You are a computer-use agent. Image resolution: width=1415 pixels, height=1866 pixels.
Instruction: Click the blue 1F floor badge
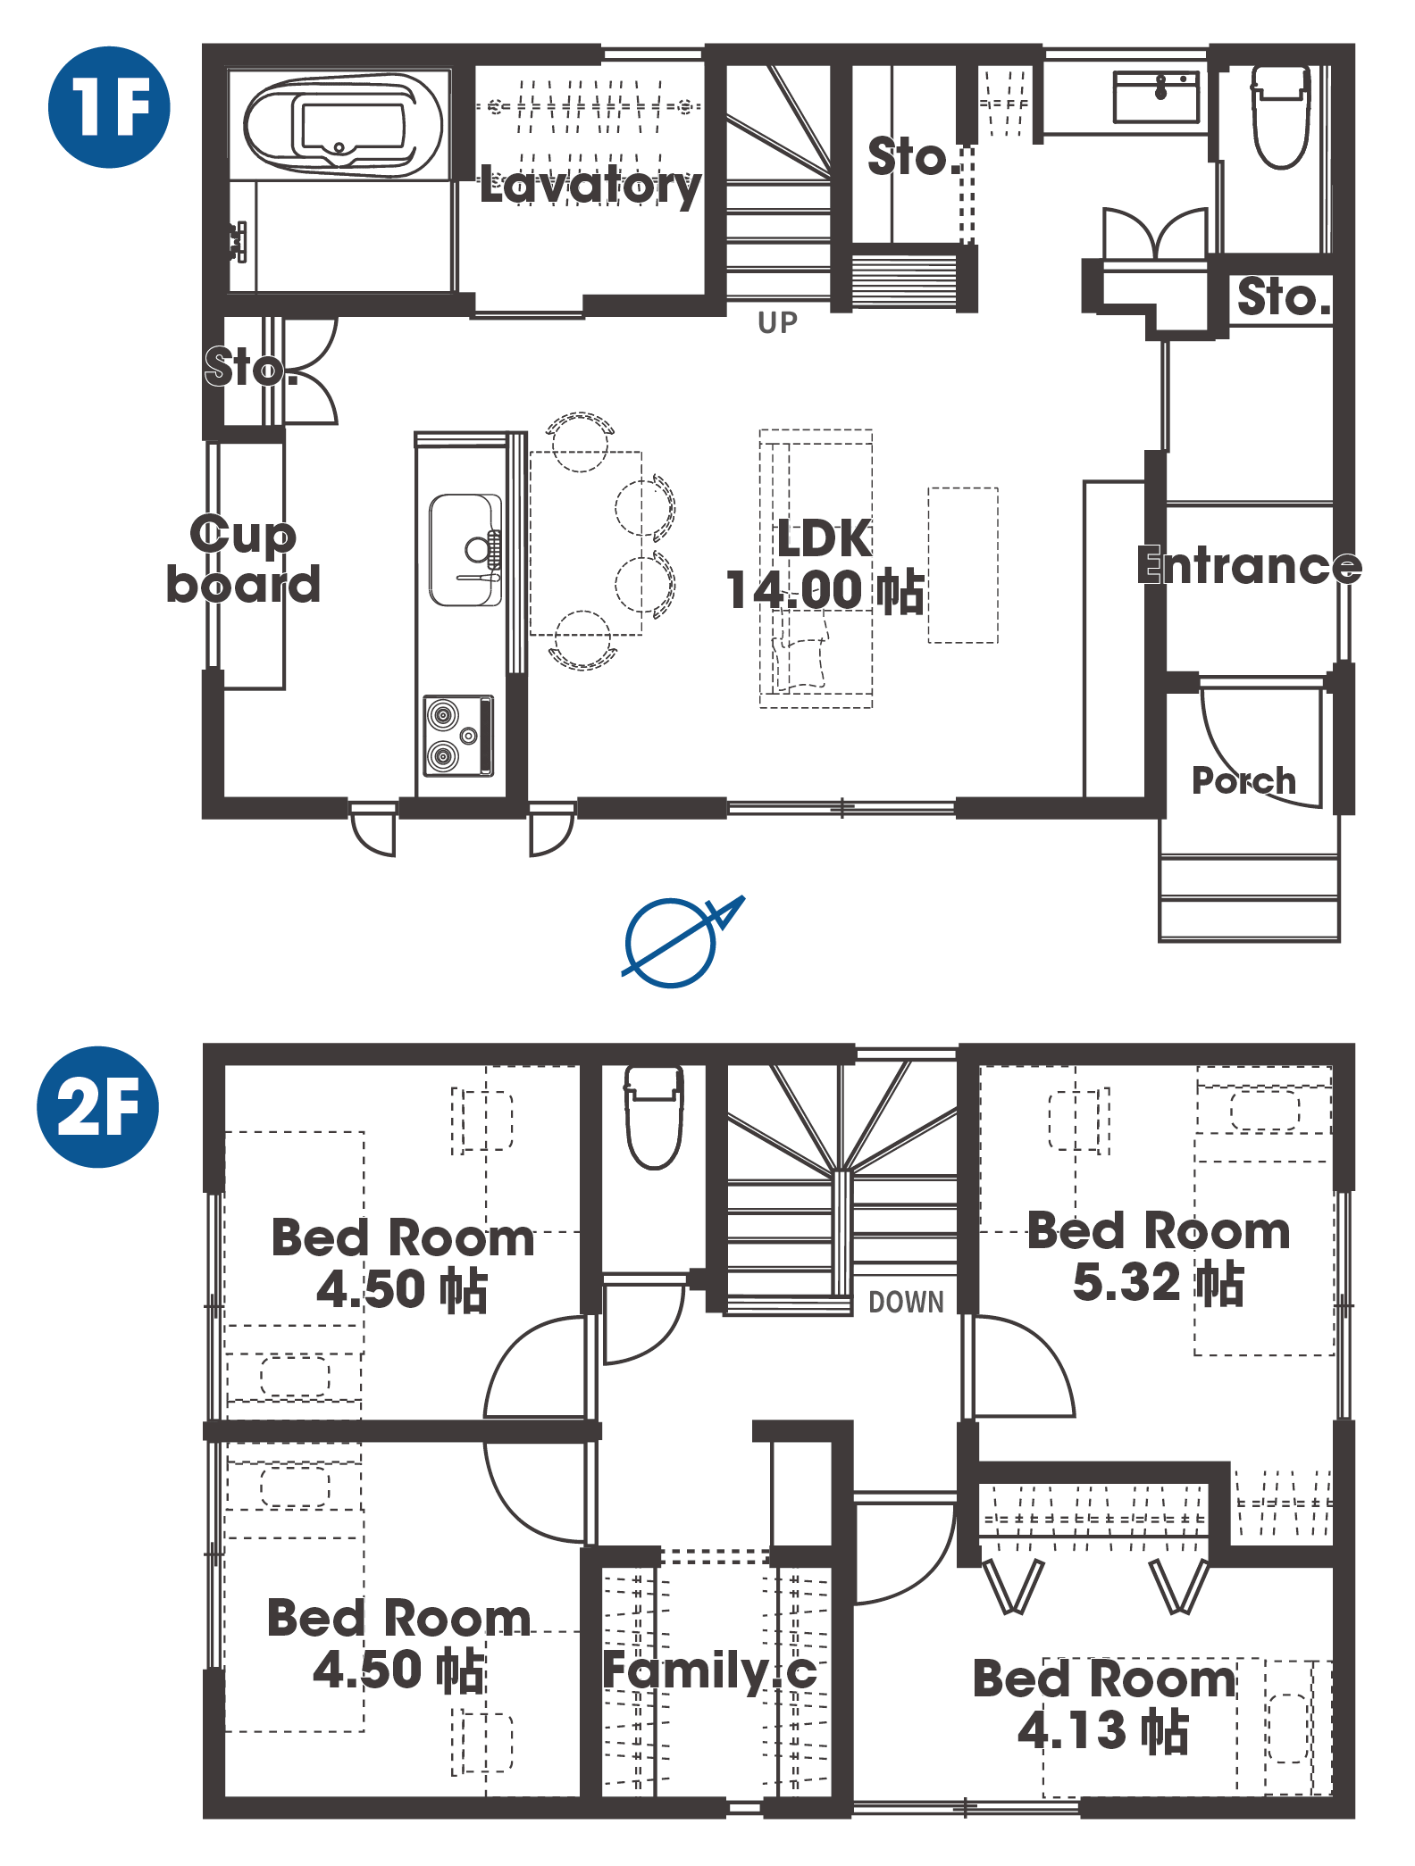pyautogui.click(x=109, y=107)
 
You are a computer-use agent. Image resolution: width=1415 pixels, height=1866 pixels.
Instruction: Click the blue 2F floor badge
pyautogui.click(x=98, y=1106)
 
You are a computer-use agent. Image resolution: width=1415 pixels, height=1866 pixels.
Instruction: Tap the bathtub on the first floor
pyautogui.click(x=344, y=126)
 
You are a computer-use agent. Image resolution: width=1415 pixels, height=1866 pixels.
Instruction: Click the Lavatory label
pyautogui.click(x=590, y=186)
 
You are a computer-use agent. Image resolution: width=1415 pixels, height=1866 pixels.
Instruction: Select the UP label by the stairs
pyautogui.click(x=777, y=322)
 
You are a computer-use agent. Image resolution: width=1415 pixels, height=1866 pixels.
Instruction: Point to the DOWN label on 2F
pyautogui.click(x=906, y=1302)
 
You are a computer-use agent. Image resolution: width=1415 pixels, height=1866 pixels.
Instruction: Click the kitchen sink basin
pyautogui.click(x=465, y=550)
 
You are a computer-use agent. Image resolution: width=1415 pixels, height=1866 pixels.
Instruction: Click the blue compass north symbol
pyautogui.click(x=679, y=941)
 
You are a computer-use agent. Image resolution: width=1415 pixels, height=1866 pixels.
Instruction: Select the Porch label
pyautogui.click(x=1243, y=780)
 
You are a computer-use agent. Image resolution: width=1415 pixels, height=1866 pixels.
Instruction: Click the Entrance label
pyautogui.click(x=1249, y=565)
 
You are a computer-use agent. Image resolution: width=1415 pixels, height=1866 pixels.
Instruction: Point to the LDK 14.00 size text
pyautogui.click(x=824, y=564)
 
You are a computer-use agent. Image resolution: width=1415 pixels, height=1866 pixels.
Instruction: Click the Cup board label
pyautogui.click(x=243, y=560)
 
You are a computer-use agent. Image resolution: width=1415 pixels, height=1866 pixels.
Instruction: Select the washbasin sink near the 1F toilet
pyautogui.click(x=1156, y=97)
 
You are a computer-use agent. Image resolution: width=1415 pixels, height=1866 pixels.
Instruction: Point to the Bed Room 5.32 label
pyautogui.click(x=1159, y=1256)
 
